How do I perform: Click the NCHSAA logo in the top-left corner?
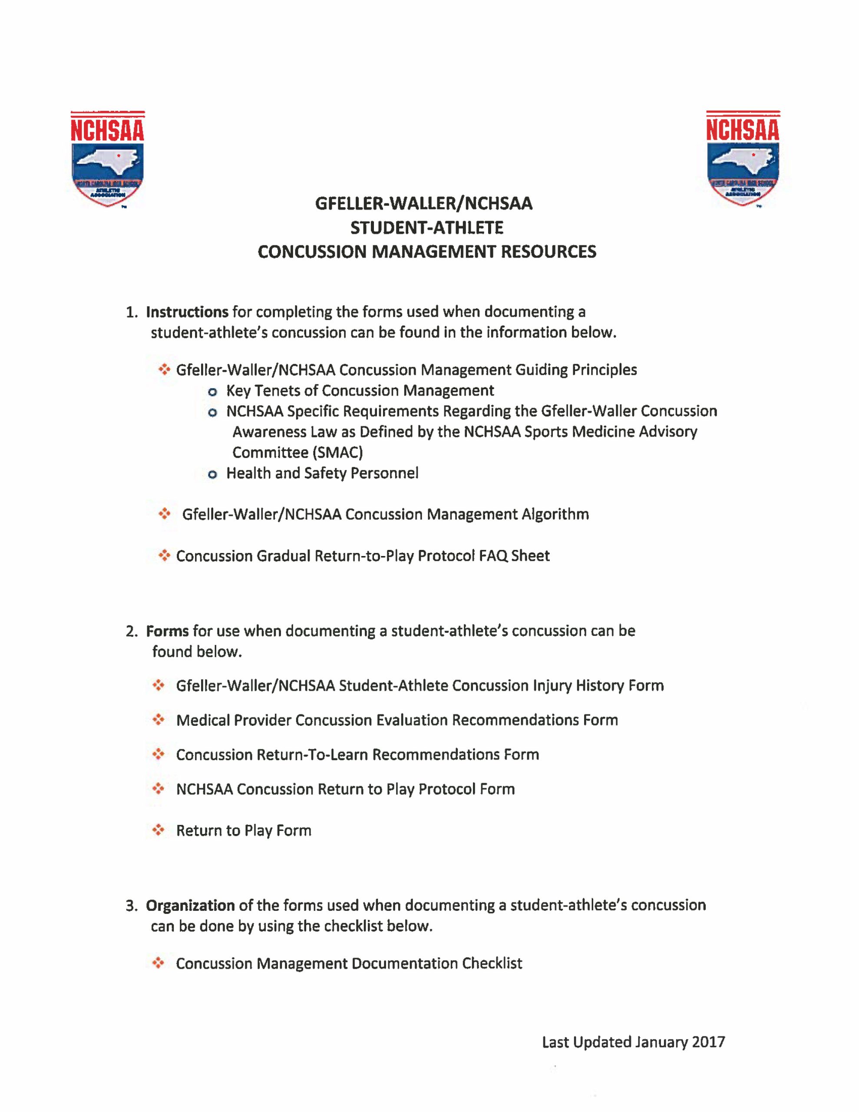coord(107,159)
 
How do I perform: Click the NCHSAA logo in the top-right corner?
coord(743,159)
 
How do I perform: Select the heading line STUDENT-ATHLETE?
coord(427,228)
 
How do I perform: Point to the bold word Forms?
coord(167,631)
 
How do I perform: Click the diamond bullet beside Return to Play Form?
coord(159,831)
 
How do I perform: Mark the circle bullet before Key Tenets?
coord(213,391)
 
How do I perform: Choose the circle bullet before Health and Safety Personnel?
coord(213,474)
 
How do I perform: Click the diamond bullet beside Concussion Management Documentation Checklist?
coord(159,963)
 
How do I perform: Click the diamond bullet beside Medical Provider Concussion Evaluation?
coord(159,720)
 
